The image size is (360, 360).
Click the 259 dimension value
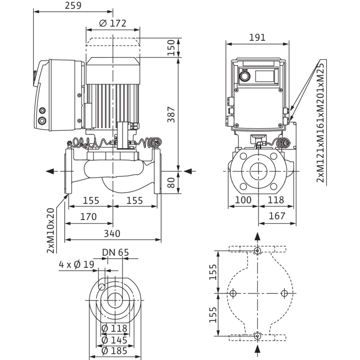click(x=73, y=5)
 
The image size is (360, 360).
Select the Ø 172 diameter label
click(x=113, y=23)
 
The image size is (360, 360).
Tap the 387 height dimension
click(x=171, y=114)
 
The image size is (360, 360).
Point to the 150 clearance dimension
click(x=171, y=48)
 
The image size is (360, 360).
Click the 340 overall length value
click(x=112, y=233)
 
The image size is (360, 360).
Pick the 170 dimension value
click(x=88, y=216)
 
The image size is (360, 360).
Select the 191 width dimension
click(x=257, y=37)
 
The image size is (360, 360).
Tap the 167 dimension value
click(x=277, y=216)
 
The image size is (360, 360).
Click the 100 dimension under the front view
click(x=243, y=200)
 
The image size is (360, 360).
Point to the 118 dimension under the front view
click(x=276, y=200)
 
